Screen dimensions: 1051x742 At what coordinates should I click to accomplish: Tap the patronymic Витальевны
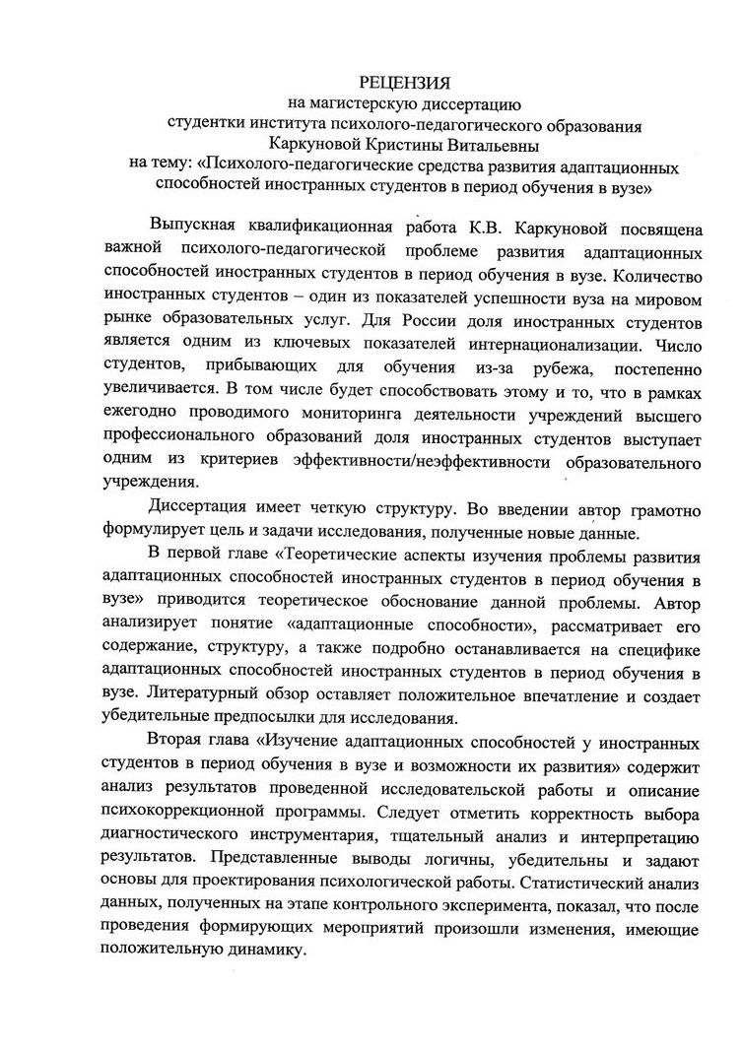[x=512, y=144]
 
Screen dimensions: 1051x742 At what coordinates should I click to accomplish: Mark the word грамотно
[x=660, y=510]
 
